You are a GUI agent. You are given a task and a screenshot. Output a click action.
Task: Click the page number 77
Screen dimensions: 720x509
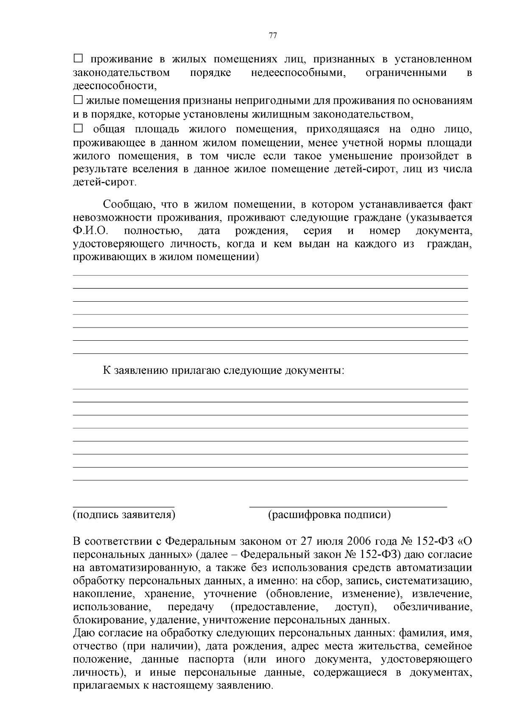coord(273,36)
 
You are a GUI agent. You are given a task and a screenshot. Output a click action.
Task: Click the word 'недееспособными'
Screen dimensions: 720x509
coord(298,73)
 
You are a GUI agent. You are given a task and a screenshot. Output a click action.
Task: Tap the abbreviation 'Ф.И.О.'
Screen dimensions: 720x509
coord(90,231)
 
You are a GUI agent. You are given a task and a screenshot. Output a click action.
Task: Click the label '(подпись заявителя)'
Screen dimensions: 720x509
coord(124,515)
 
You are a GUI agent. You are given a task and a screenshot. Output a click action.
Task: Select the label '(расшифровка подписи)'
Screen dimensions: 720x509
coord(329,515)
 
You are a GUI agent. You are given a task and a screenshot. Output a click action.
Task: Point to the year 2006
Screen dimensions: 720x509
coord(359,542)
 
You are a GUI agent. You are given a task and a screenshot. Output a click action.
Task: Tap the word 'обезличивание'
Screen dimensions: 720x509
coord(433,607)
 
